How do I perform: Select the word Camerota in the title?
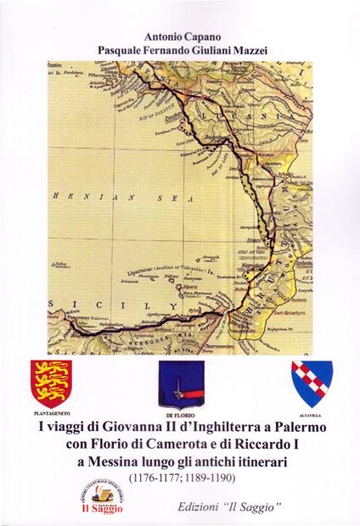click(x=166, y=442)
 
